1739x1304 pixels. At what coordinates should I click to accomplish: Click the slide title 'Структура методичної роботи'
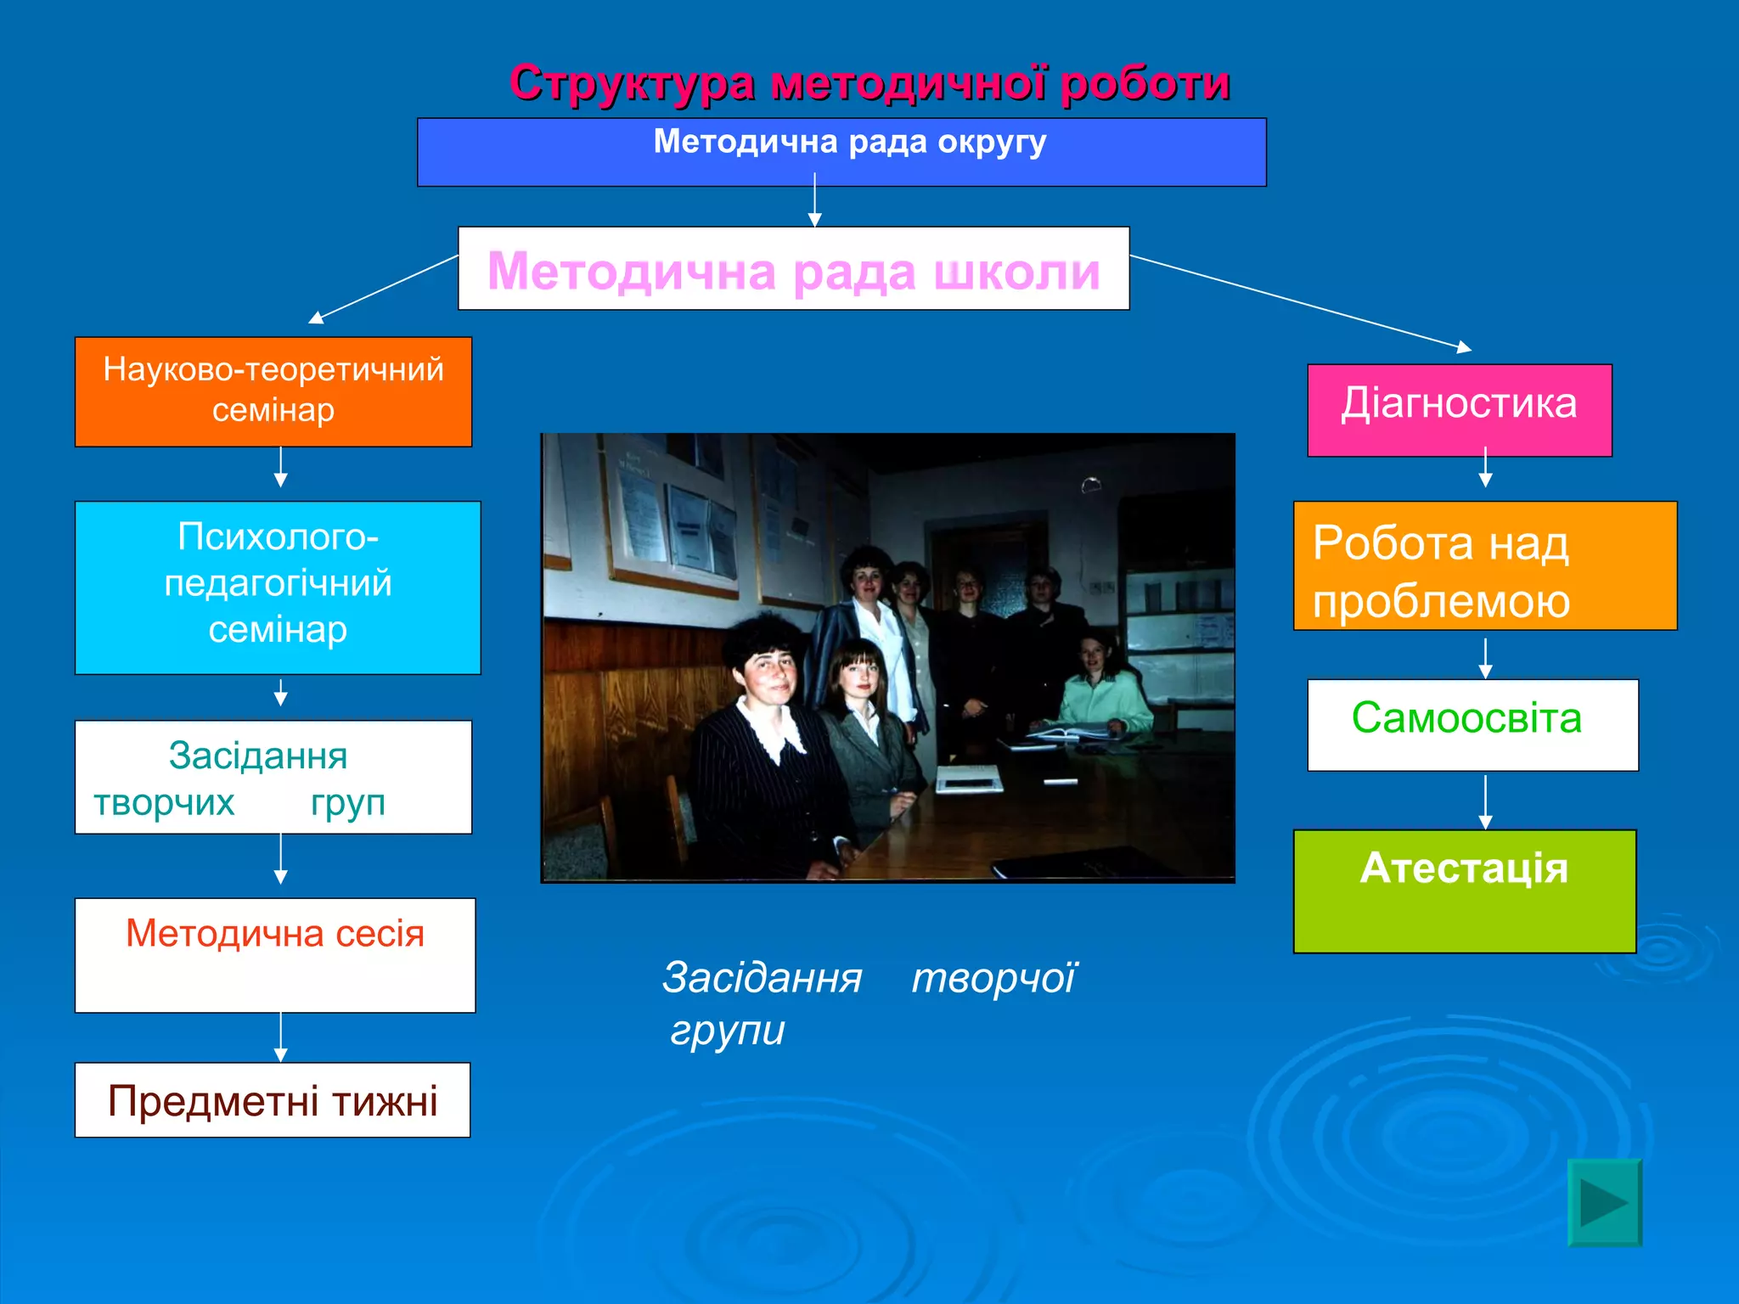tap(869, 83)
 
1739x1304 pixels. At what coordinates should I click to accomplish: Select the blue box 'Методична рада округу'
tap(841, 153)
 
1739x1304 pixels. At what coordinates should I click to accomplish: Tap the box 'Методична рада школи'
tap(793, 269)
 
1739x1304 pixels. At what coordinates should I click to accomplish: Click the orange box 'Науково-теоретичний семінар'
tap(273, 391)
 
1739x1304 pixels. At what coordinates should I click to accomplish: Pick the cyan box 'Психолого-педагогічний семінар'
tap(278, 587)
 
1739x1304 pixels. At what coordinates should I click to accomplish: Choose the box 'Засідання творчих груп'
tap(273, 777)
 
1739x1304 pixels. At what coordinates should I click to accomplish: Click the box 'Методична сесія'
tap(274, 954)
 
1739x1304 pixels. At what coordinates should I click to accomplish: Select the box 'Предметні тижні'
tap(272, 1099)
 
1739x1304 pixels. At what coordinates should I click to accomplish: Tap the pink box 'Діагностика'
tap(1459, 409)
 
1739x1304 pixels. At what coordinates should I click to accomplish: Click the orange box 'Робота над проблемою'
tap(1484, 565)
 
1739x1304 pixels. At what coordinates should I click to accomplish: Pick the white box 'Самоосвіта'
tap(1472, 724)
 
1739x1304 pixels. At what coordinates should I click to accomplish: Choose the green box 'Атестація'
tap(1464, 891)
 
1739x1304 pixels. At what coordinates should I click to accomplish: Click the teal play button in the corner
tap(1603, 1202)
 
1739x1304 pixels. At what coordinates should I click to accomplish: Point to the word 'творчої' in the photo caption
tap(993, 977)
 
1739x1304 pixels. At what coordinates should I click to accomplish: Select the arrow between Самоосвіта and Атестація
tap(1485, 801)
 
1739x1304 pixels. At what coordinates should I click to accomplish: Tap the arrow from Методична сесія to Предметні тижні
tap(281, 1037)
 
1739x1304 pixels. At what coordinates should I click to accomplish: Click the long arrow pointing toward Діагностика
tap(1299, 301)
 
